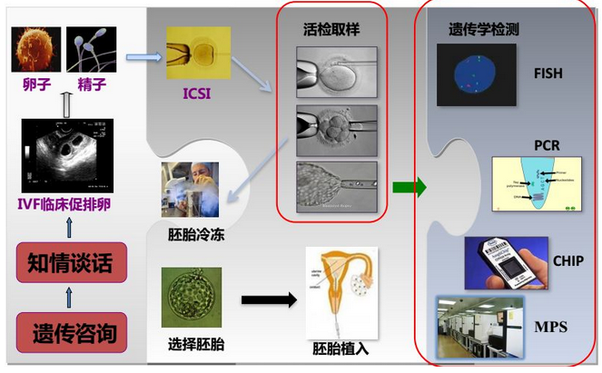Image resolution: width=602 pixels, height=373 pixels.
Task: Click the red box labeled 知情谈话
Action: (65, 264)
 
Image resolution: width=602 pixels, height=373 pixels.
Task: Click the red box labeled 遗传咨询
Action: (65, 331)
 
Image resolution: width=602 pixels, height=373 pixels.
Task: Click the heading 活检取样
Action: (331, 30)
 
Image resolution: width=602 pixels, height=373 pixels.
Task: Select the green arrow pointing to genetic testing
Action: (409, 188)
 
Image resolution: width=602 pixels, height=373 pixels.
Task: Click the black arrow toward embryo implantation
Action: (270, 299)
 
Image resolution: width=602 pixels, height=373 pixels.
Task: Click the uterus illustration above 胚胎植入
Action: (340, 293)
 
